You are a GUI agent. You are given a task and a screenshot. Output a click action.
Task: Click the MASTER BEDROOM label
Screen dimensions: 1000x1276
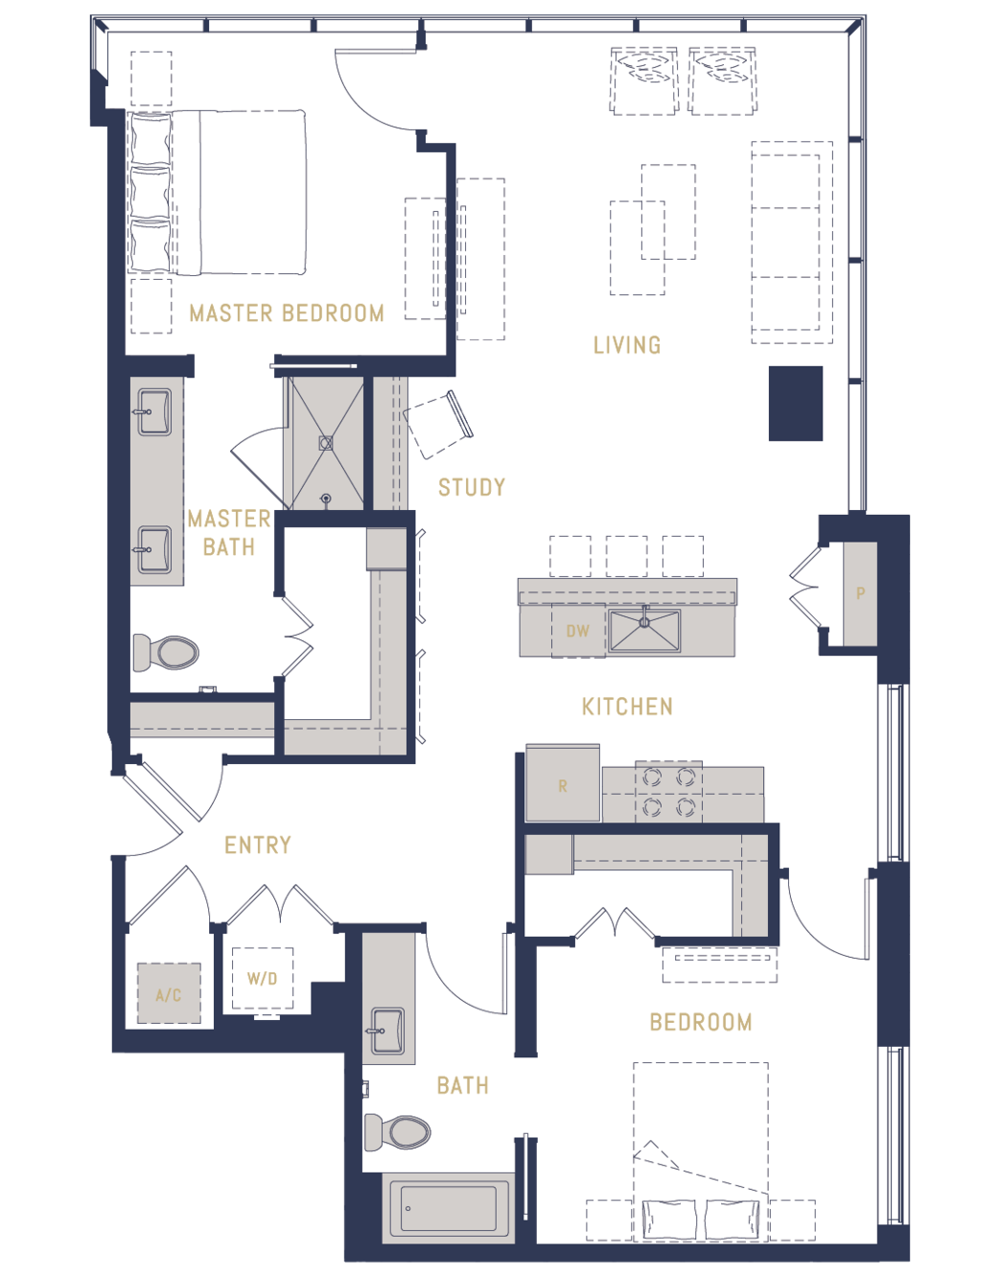click(x=287, y=313)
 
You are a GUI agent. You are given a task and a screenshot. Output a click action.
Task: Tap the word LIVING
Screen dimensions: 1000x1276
click(x=628, y=345)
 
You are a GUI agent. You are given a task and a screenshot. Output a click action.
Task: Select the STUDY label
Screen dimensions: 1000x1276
click(x=472, y=487)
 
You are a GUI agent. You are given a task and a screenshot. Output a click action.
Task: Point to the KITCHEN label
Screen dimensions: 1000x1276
click(x=628, y=707)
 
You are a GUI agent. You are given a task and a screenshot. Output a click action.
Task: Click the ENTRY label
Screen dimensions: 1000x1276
click(x=258, y=845)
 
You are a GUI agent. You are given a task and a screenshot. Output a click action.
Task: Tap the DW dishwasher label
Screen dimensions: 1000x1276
click(x=578, y=631)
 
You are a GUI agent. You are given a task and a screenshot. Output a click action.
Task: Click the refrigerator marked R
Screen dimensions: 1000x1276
click(x=563, y=783)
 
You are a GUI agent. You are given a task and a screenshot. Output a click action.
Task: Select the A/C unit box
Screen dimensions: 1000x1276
click(x=169, y=993)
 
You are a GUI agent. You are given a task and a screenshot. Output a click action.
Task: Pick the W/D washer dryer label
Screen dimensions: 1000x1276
click(x=262, y=978)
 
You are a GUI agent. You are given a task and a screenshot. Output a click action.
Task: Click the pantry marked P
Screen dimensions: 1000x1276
click(x=861, y=594)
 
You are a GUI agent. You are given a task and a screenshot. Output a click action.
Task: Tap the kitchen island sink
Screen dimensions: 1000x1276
click(x=644, y=630)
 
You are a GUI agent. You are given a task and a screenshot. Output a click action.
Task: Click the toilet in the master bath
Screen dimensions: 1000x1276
click(x=165, y=651)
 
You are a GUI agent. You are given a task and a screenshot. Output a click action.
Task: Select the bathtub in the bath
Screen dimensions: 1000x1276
click(x=449, y=1208)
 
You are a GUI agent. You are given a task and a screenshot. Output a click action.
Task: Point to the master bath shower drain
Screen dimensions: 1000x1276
click(x=326, y=443)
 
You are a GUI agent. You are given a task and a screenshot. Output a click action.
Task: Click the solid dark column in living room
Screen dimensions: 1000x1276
click(x=796, y=403)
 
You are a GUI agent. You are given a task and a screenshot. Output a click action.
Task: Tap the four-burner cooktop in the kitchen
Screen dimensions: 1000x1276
click(x=669, y=792)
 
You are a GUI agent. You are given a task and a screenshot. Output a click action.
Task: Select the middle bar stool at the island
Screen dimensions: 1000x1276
click(x=627, y=556)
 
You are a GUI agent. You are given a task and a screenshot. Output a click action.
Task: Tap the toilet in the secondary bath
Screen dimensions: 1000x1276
click(x=397, y=1132)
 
